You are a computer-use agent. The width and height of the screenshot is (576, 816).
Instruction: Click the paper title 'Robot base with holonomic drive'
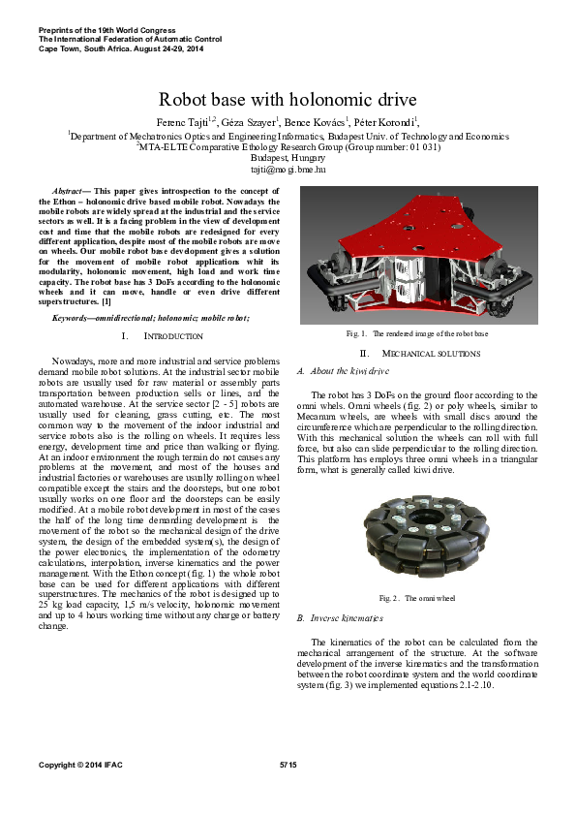288,99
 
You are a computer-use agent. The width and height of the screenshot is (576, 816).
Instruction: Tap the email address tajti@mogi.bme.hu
288,170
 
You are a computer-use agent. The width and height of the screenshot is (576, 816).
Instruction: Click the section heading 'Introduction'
174,335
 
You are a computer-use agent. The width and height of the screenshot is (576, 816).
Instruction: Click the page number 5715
288,766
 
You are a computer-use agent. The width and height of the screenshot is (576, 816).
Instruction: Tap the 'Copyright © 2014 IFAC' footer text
84,766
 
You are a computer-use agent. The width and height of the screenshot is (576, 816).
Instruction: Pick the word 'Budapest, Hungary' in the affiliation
288,158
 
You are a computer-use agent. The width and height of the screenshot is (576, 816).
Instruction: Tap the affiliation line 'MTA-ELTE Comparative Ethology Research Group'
288,147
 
